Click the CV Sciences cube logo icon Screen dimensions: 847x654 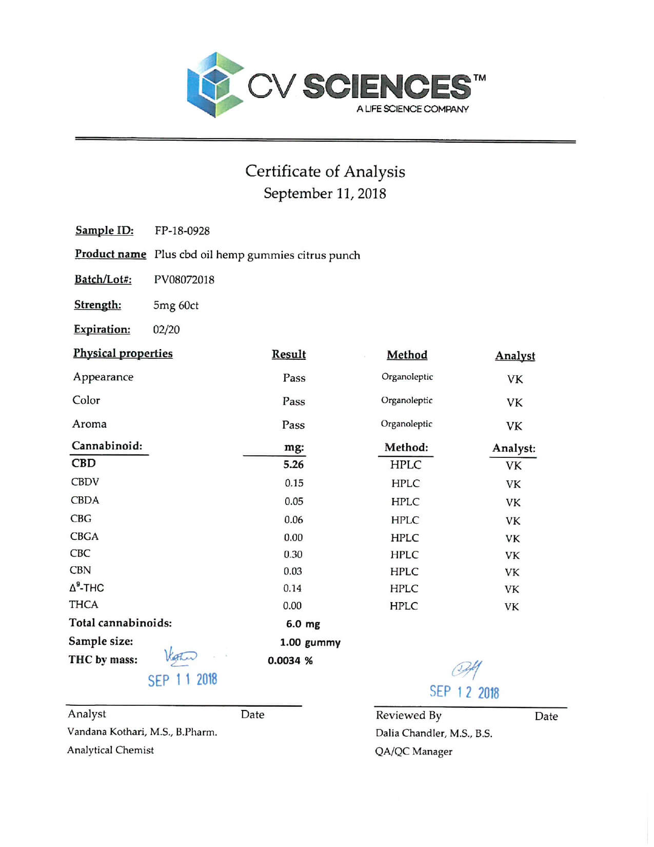215,85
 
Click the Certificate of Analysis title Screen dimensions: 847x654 325,171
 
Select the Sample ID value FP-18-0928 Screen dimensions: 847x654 182,231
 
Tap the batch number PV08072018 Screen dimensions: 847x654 184,280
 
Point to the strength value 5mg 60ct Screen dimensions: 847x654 175,305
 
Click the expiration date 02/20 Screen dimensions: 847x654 166,330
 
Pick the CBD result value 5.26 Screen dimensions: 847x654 293,465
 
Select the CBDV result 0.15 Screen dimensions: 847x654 294,483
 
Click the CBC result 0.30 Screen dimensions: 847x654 293,554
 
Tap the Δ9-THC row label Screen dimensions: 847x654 87,588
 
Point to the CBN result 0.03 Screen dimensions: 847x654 292,571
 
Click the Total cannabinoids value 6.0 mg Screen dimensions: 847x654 303,624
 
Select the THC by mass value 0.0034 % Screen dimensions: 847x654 290,661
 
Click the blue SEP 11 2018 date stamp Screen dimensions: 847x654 183,680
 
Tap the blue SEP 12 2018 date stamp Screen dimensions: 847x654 464,692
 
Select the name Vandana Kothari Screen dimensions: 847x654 106,732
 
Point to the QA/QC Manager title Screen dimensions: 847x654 413,752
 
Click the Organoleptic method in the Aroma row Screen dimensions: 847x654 406,424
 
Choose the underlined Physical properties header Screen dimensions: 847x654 123,354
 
